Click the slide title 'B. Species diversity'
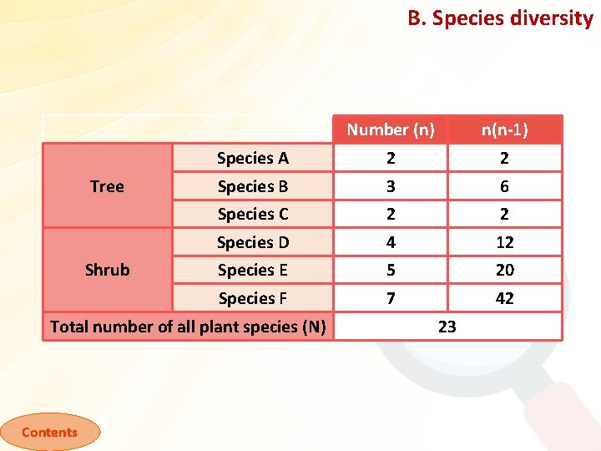point(500,18)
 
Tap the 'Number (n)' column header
point(391,129)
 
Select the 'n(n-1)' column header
point(504,129)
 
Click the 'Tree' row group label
point(107,186)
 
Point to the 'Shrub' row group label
point(107,270)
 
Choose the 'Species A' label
point(252,158)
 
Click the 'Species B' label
point(252,186)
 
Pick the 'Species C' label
point(252,214)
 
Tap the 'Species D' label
point(252,242)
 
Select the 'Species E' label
point(252,270)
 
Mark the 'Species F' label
point(252,298)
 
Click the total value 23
point(447,327)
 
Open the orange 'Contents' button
point(49,432)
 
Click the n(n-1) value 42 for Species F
point(504,298)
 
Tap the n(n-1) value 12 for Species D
point(504,242)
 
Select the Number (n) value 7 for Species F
point(391,298)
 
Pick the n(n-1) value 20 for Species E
point(504,270)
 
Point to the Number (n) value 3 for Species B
point(391,186)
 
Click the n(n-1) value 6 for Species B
point(504,186)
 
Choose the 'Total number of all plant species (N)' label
point(188,327)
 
